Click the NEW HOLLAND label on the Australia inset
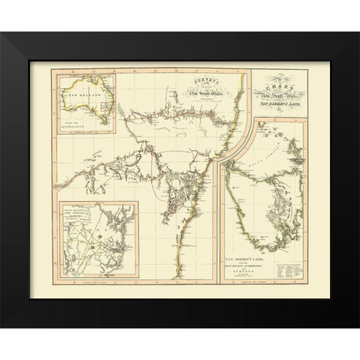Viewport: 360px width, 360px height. point(81,95)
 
